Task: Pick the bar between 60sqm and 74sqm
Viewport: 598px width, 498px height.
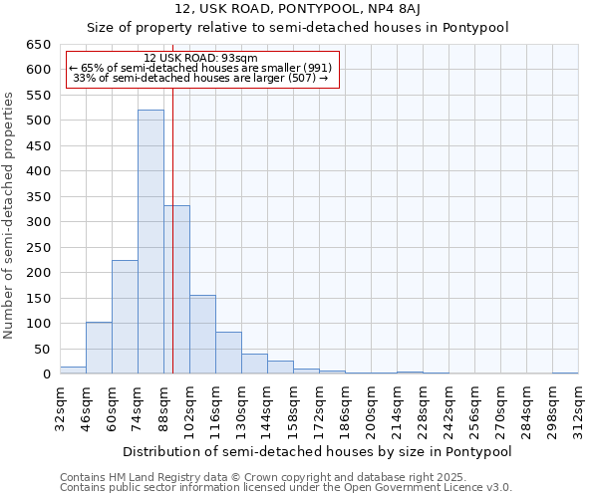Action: click(125, 317)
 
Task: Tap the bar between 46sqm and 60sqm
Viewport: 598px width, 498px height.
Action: click(99, 348)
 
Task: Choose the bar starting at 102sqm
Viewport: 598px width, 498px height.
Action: click(202, 335)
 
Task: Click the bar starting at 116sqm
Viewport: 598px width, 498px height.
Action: click(228, 353)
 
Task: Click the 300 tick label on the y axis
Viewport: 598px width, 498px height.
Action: click(39, 222)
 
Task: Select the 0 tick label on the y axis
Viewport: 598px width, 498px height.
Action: click(47, 374)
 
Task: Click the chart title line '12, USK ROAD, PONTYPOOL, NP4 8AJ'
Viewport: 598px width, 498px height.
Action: click(298, 9)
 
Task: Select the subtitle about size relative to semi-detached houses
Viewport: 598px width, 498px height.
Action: click(298, 28)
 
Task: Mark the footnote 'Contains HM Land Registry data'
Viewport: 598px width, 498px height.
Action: click(284, 477)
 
